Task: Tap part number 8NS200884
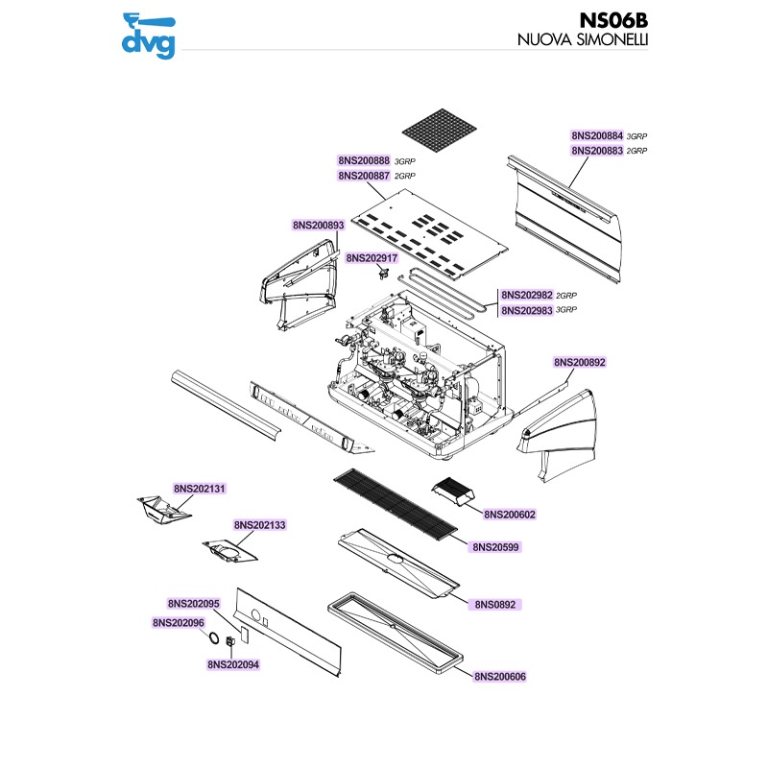pos(597,136)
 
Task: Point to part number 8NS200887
pos(363,177)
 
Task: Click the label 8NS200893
pos(319,226)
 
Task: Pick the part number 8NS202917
pos(372,258)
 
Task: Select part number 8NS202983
pos(526,310)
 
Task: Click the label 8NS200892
pos(580,362)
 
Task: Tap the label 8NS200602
pos(510,515)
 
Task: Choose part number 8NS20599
pos(495,546)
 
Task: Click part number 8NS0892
pos(495,606)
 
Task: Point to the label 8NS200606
pos(500,677)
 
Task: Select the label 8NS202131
pos(200,489)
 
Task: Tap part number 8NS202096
pos(179,623)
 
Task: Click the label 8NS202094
pos(233,663)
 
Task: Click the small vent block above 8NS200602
pos(454,492)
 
